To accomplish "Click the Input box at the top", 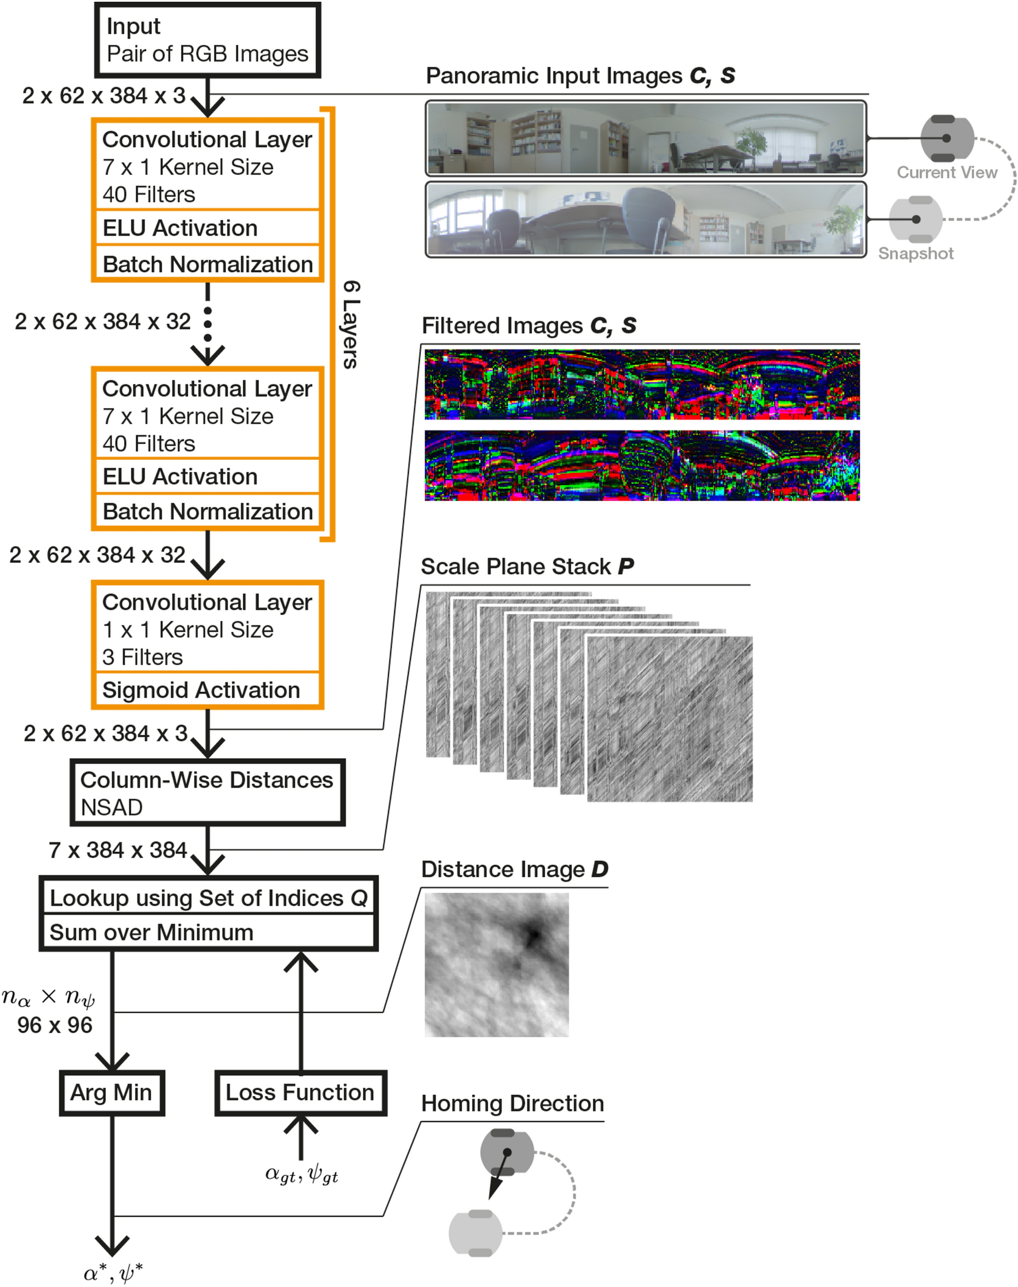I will tap(208, 40).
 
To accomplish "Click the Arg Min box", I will tap(112, 1093).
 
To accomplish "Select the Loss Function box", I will tap(300, 1093).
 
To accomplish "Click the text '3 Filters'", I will tap(143, 657).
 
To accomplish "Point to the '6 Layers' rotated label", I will tap(351, 324).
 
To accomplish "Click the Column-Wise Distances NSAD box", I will tap(207, 793).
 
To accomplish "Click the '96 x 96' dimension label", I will tap(55, 1025).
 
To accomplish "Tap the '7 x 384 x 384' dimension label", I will tap(118, 850).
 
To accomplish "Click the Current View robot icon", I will tap(946, 138).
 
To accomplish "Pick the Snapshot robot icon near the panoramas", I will tap(916, 219).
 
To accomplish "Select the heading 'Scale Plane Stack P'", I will tap(527, 566).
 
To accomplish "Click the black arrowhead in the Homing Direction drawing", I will tap(494, 1192).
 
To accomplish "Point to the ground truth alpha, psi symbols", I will tap(301, 1174).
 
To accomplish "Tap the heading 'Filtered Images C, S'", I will tap(528, 326).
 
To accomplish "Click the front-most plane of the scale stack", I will tap(669, 719).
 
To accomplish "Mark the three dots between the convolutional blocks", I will tap(208, 324).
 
